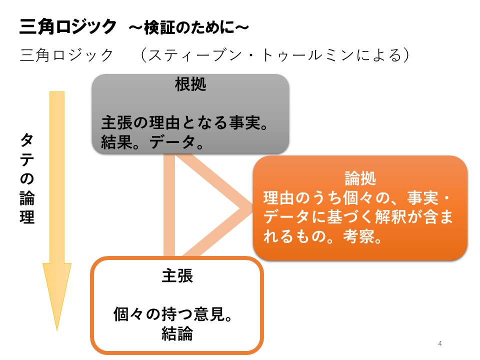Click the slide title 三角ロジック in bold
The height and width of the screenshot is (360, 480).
[x=67, y=26]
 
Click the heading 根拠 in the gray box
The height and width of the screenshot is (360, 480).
[x=190, y=85]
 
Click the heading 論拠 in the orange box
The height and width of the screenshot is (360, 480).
[x=360, y=178]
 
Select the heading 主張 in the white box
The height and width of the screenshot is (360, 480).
[x=177, y=276]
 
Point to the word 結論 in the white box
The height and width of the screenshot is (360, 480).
[x=177, y=333]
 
